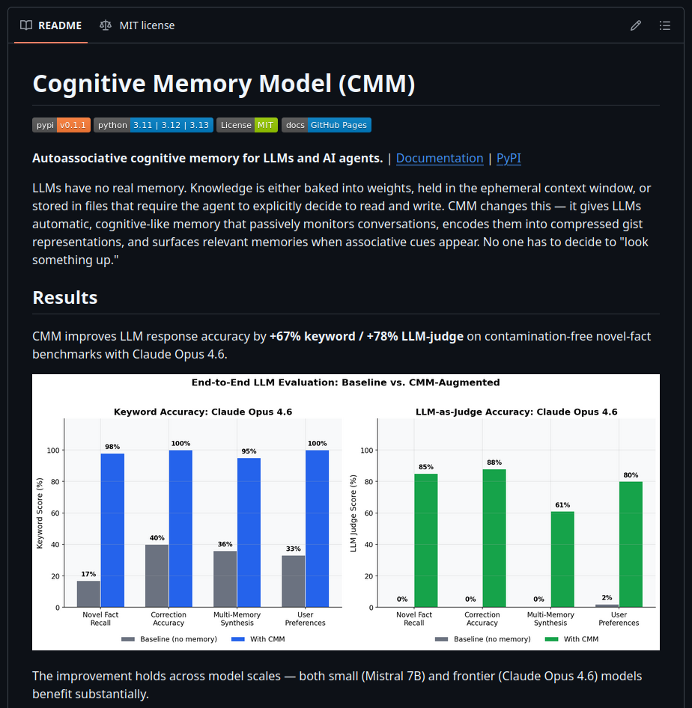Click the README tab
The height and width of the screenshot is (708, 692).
click(50, 25)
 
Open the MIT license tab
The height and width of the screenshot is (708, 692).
click(137, 25)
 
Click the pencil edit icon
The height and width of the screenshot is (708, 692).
click(636, 25)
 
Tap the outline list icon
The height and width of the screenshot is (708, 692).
click(664, 25)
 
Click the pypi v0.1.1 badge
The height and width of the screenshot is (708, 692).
click(61, 125)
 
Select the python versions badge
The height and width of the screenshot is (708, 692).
click(154, 125)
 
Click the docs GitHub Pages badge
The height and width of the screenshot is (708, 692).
click(327, 125)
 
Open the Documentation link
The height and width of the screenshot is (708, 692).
click(440, 158)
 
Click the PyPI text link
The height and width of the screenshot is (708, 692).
click(509, 158)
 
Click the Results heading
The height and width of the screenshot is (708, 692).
click(65, 297)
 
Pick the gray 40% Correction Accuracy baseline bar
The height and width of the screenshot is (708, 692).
click(157, 576)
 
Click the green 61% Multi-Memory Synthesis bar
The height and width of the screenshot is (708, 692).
click(562, 559)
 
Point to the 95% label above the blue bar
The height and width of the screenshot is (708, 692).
click(249, 451)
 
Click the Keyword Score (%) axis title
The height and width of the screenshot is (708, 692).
click(40, 513)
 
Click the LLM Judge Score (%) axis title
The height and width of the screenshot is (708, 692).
click(353, 513)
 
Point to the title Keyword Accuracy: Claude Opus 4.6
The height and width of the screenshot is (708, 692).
click(203, 412)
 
